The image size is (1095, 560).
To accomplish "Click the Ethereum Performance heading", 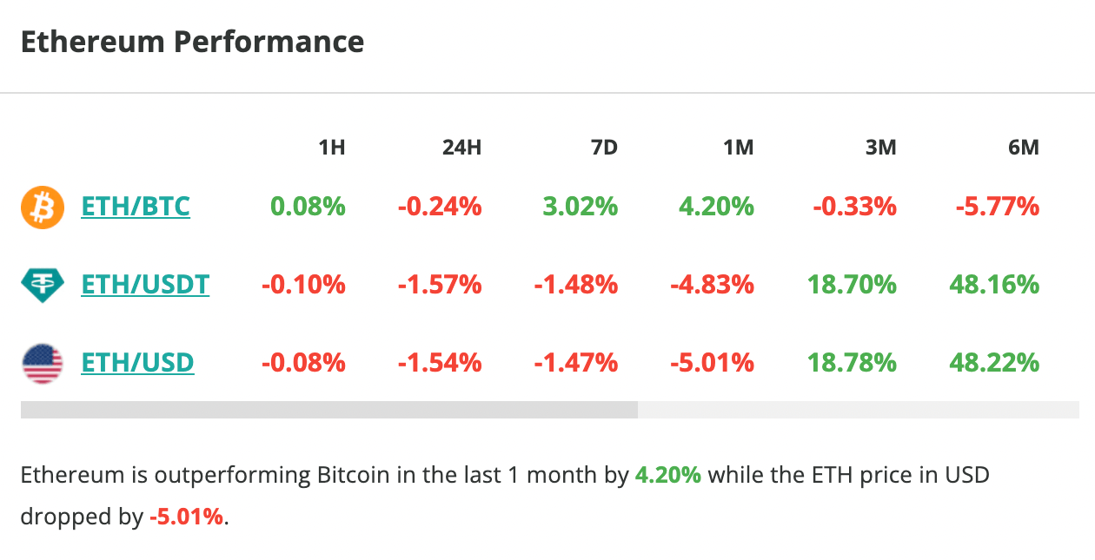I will pos(192,42).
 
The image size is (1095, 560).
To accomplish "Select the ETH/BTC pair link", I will pos(135,207).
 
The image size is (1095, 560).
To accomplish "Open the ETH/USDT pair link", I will pos(145,284).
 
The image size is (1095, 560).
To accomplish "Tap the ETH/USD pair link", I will pos(137,362).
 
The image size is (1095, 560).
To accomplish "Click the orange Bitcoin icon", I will pos(43,208).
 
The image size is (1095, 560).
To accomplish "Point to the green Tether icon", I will pos(43,285).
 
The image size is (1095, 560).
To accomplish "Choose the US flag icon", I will pos(43,363).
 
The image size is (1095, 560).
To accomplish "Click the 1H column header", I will pos(331,148).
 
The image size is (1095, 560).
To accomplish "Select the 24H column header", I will pos(461,148).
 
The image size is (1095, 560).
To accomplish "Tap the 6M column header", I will pos(1023,148).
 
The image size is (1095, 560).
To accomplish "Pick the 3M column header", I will pos(880,148).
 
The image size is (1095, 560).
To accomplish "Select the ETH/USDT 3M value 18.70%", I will pos(852,284).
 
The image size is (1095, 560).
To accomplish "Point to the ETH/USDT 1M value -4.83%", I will pos(712,284).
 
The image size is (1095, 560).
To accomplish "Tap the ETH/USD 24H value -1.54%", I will pos(440,362).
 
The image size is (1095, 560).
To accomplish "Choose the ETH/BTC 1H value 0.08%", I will pos(308,207).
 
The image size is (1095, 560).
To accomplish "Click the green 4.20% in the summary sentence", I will pos(668,476).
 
